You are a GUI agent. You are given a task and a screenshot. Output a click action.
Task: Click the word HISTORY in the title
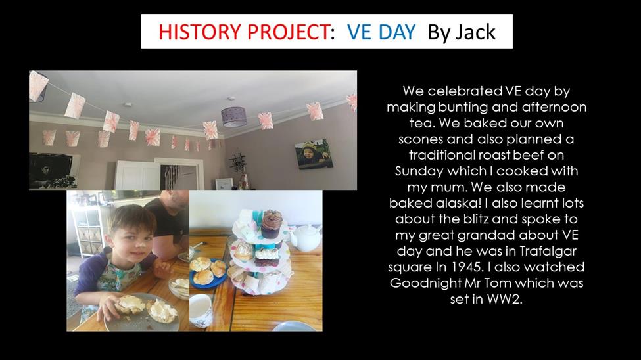click(198, 32)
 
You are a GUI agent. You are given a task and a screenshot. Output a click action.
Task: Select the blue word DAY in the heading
click(396, 32)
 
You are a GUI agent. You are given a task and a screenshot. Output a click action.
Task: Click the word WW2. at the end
click(504, 299)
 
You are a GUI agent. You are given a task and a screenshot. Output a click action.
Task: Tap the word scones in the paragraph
click(421, 140)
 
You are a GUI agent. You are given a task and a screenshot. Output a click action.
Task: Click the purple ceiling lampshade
click(233, 116)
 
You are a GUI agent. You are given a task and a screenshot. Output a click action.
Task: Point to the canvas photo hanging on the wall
click(314, 154)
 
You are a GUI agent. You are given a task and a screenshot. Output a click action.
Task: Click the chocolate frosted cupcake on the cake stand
click(272, 223)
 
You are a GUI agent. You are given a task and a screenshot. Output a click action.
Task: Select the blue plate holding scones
click(208, 273)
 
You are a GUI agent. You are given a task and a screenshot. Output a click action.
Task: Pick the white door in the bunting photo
click(137, 175)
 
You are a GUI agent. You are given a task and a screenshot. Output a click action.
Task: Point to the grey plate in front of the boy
click(142, 313)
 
